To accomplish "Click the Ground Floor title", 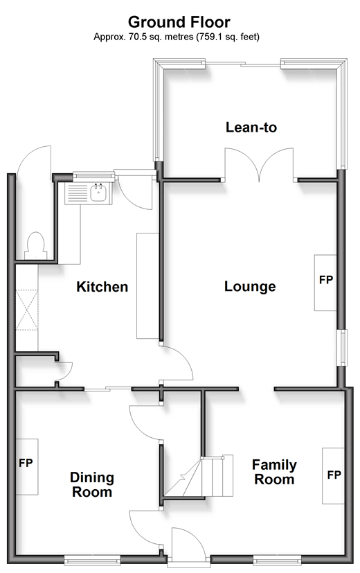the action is [x=179, y=22].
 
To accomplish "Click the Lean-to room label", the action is [x=251, y=127].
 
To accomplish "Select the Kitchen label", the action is [x=102, y=287].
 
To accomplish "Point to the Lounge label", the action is [x=250, y=287].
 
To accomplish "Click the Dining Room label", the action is [x=92, y=484].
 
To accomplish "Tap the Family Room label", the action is [x=275, y=472].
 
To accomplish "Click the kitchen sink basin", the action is [x=98, y=193].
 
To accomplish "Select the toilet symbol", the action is [x=36, y=246].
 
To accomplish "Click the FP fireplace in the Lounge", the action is [x=325, y=283].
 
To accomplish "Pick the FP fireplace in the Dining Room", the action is [x=26, y=467].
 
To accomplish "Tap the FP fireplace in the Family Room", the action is [x=333, y=476].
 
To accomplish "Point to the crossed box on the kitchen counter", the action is [x=26, y=310].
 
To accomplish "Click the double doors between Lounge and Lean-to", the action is [x=259, y=164].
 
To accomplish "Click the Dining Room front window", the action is [x=92, y=559].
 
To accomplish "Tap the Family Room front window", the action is [x=277, y=559].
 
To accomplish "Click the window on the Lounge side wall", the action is [x=343, y=348].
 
